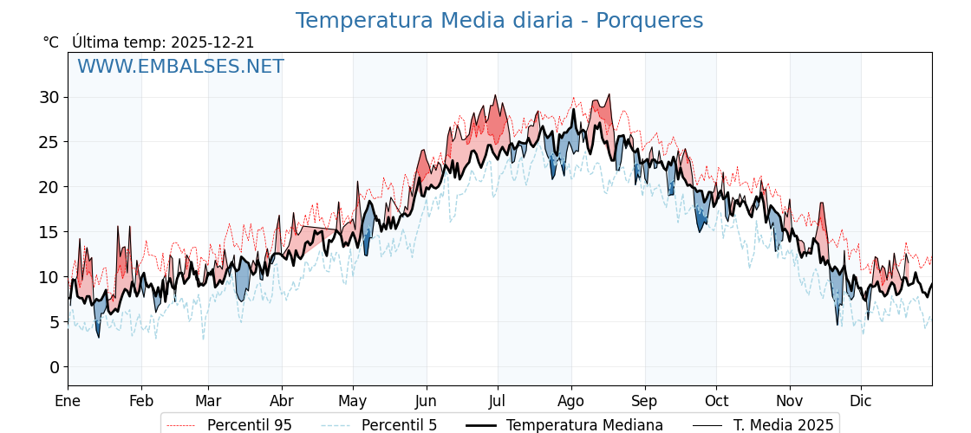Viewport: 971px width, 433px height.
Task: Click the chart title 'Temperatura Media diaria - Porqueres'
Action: [499, 21]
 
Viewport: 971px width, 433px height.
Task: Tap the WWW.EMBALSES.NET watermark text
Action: [180, 67]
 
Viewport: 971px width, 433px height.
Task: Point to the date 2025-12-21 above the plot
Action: [212, 42]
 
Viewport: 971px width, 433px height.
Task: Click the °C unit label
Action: [50, 42]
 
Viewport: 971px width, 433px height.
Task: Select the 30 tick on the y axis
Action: [49, 97]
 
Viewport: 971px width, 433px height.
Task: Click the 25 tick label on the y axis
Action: [49, 142]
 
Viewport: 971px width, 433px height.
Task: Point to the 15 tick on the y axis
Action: [49, 232]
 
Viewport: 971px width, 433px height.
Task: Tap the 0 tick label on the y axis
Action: [54, 367]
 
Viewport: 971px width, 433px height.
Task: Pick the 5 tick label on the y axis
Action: [54, 322]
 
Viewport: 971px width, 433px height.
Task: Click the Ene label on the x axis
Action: [68, 401]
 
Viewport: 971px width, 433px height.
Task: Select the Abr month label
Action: [282, 401]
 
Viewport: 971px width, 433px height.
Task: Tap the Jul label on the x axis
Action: [498, 401]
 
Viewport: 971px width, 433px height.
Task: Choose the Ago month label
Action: [571, 401]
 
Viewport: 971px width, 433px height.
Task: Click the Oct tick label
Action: [716, 401]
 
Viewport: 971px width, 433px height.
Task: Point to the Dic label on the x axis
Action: [861, 401]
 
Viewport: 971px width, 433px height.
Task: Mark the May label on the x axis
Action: [353, 401]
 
